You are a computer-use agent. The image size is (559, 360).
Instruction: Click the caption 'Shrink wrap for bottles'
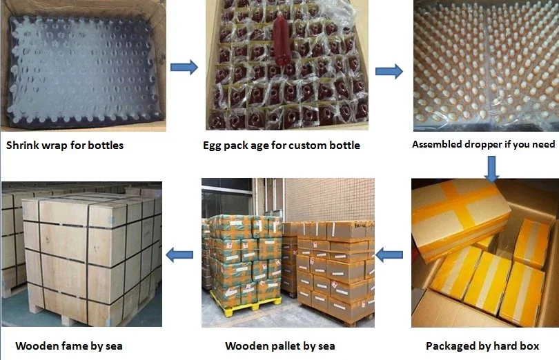pos(65,146)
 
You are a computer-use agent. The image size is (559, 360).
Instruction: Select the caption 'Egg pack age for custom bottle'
pos(281,146)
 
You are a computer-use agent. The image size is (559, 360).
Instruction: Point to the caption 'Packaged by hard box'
pos(482,345)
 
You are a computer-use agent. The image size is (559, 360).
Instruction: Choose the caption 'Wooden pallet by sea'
pos(279,346)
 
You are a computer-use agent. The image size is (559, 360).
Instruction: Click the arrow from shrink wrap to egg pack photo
pos(184,68)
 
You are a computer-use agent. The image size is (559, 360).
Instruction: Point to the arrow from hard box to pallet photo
pos(391,254)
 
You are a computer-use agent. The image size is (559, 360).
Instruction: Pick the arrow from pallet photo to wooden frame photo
pos(181,254)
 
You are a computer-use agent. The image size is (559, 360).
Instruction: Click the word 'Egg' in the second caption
pos(214,146)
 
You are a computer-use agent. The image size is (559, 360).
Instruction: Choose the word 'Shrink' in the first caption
pos(24,146)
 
